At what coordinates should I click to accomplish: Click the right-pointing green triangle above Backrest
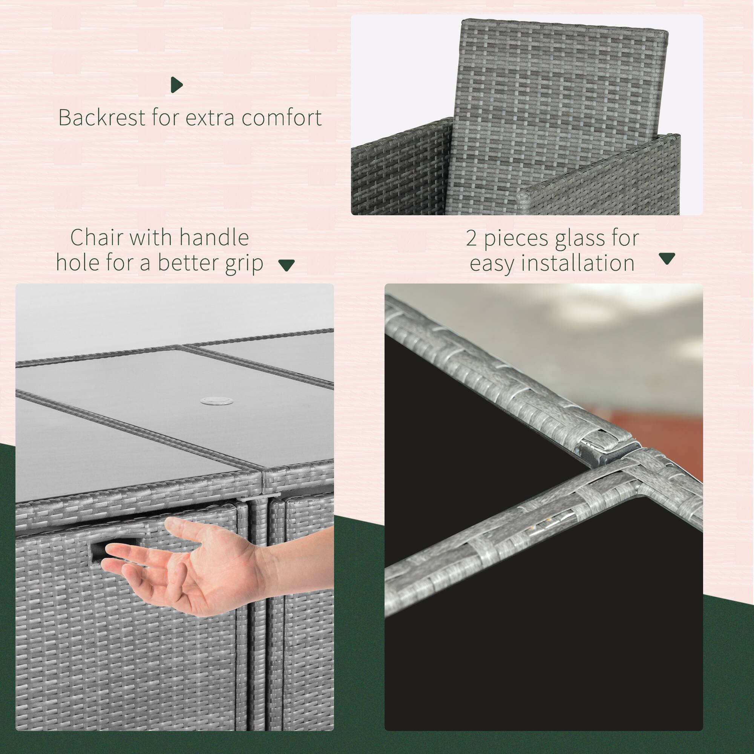[x=176, y=85]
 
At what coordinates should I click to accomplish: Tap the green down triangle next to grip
[x=286, y=265]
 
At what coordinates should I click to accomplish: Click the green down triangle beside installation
[x=667, y=258]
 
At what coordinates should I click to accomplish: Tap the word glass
[x=584, y=238]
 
